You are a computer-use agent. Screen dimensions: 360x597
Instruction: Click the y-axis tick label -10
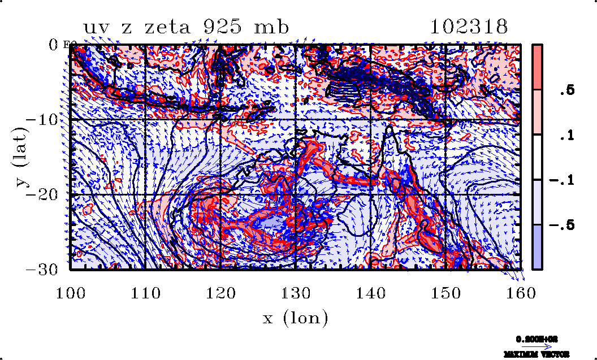coord(45,120)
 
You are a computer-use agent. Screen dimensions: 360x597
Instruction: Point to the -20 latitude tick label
coord(45,195)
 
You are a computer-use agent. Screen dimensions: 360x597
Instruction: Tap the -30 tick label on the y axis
coord(45,270)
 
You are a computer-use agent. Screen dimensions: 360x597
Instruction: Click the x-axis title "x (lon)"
coord(296,318)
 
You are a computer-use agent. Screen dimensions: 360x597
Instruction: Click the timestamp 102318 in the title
coord(469,27)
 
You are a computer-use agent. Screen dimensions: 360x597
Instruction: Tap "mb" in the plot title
coord(273,27)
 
